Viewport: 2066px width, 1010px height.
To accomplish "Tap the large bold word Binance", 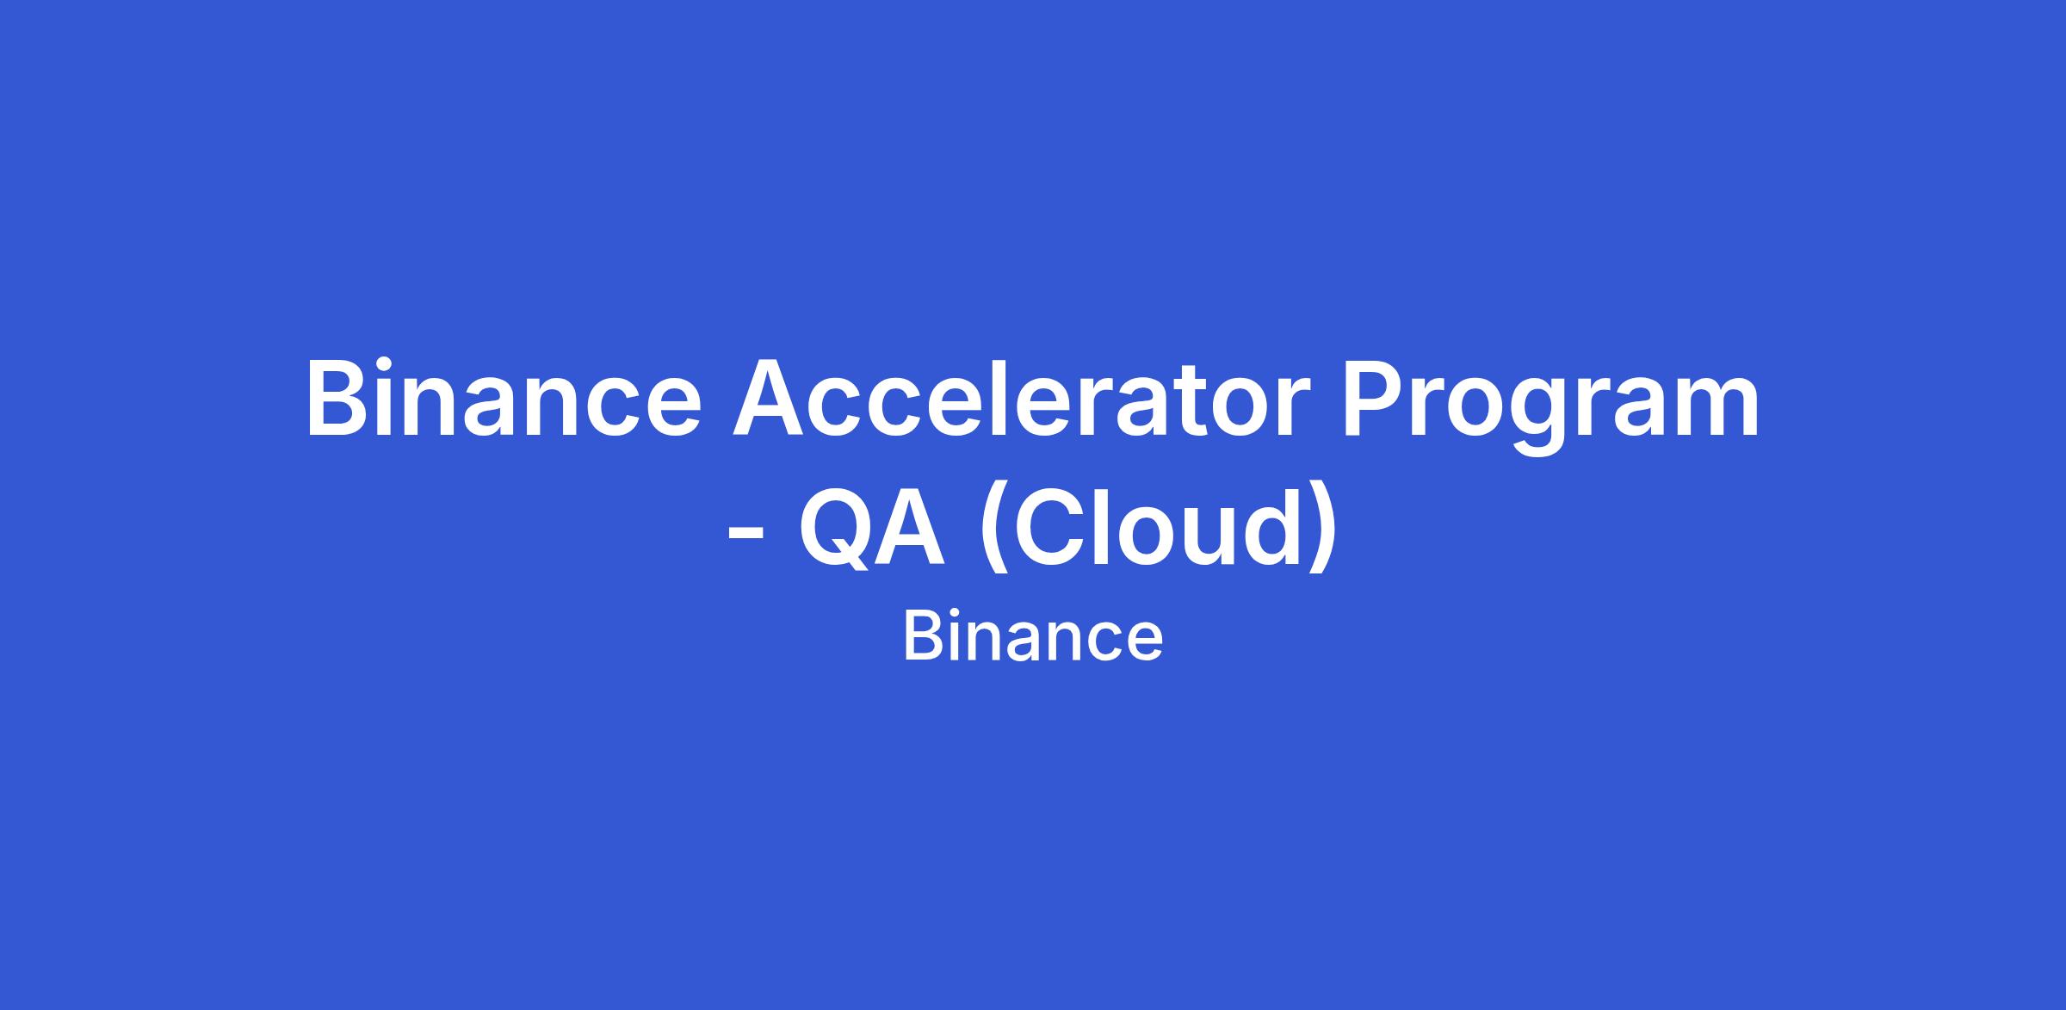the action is (504, 399).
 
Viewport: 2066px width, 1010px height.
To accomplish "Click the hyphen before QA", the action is (746, 535).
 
